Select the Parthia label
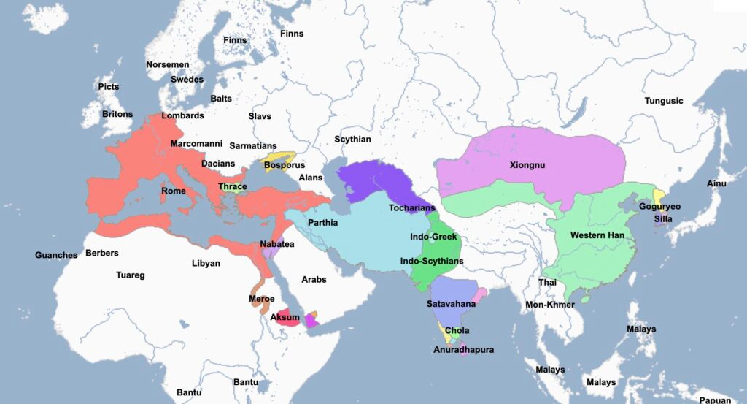click(322, 222)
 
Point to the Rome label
click(173, 191)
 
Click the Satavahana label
click(452, 303)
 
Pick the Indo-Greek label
click(433, 237)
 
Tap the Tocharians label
click(412, 207)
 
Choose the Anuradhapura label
click(463, 350)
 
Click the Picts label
click(108, 87)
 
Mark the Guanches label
click(56, 255)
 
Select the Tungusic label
click(664, 101)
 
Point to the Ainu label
click(716, 183)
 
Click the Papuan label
click(715, 400)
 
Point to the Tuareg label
click(131, 275)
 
